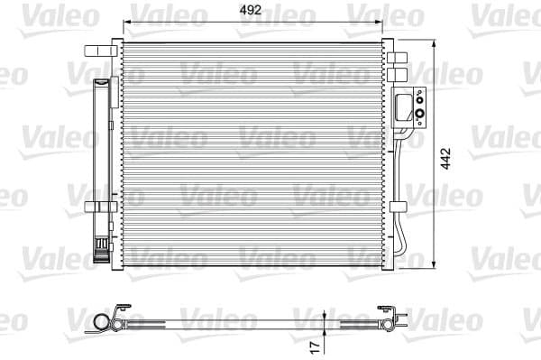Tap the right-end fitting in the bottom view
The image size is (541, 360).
(390, 321)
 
